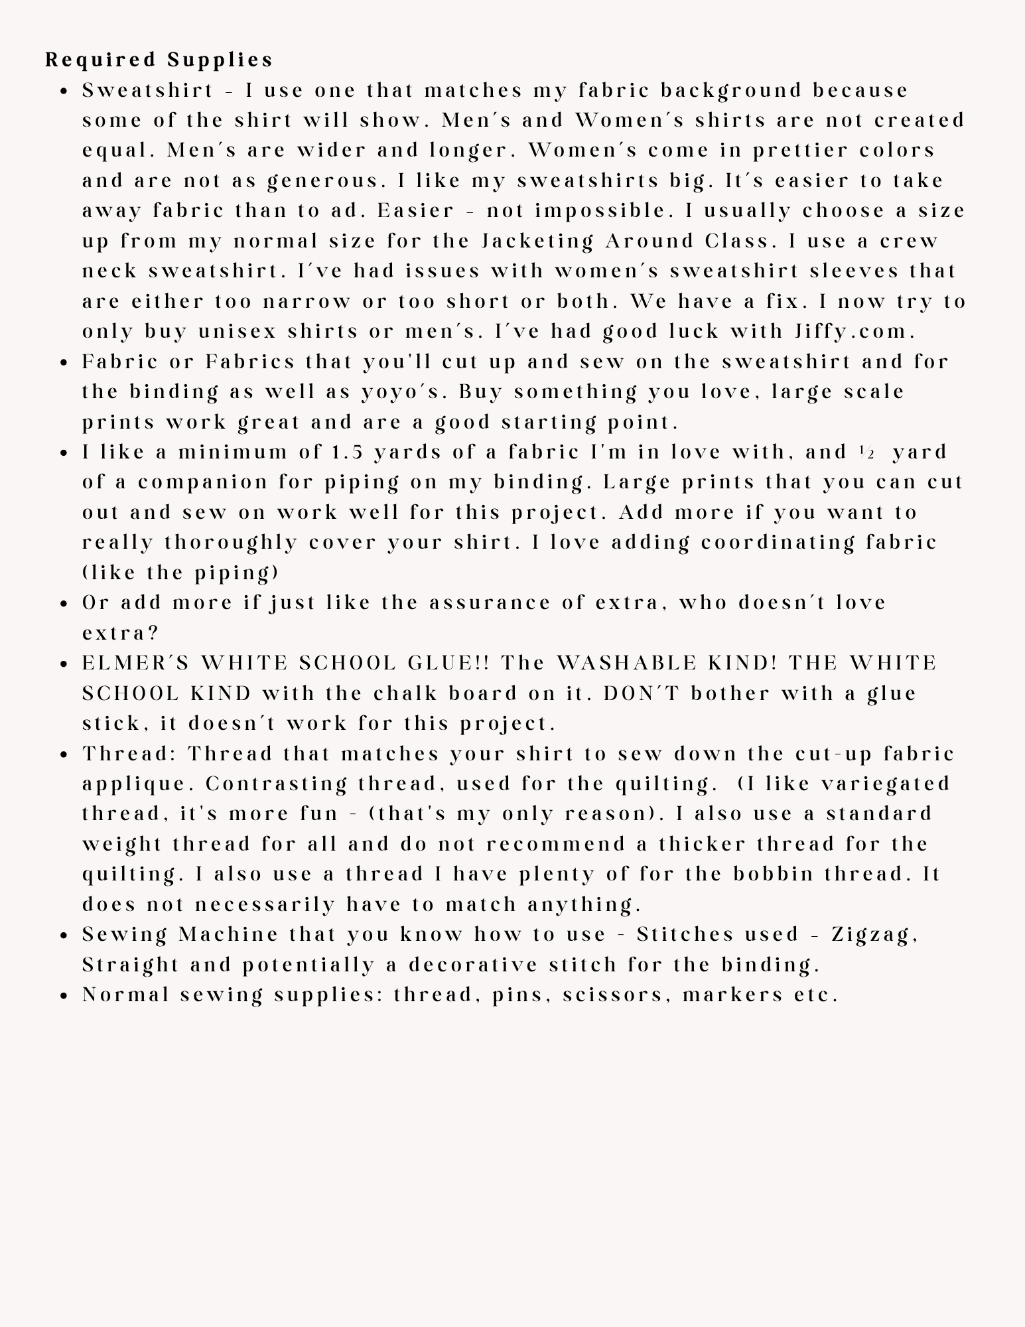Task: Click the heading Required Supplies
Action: [159, 60]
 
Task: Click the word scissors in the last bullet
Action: [618, 995]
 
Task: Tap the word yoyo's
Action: [401, 392]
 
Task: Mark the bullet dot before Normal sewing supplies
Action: [64, 996]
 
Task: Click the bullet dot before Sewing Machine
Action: [64, 936]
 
